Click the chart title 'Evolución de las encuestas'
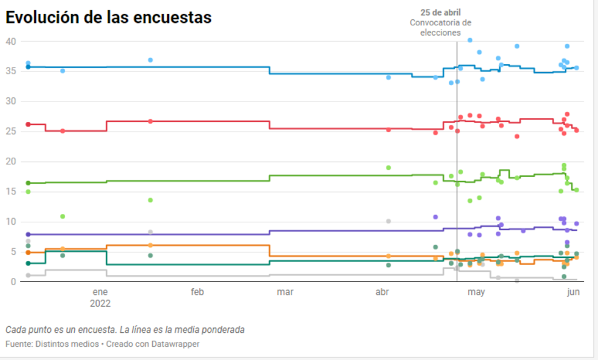coord(109,18)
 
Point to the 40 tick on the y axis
coord(11,41)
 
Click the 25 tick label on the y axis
coord(11,131)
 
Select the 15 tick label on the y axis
coord(11,191)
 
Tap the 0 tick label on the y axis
coord(14,282)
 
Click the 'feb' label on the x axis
coord(198,292)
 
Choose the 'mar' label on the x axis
coord(285,292)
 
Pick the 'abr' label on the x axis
coord(382,292)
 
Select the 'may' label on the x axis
coord(476,292)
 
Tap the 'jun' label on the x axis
coord(574,292)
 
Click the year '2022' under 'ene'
coord(100,304)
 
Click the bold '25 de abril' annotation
coord(441,12)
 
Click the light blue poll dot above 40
coord(470,40)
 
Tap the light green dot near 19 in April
coord(388,167)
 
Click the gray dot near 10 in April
coord(388,221)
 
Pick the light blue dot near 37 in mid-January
coord(150,60)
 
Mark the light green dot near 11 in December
coord(62,216)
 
